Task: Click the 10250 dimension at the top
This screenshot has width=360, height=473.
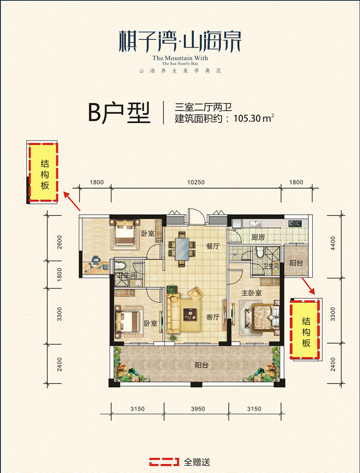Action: (196, 182)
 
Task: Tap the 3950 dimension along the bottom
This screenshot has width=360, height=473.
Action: (196, 409)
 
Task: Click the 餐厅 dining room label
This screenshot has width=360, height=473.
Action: (213, 246)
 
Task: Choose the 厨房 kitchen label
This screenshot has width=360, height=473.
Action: (257, 237)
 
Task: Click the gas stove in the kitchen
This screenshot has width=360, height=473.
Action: (295, 222)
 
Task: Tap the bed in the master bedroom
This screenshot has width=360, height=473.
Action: (265, 318)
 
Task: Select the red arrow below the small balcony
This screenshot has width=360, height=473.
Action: (309, 285)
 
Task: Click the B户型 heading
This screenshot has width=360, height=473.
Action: (119, 113)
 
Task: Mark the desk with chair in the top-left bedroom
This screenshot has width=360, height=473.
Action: (96, 265)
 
